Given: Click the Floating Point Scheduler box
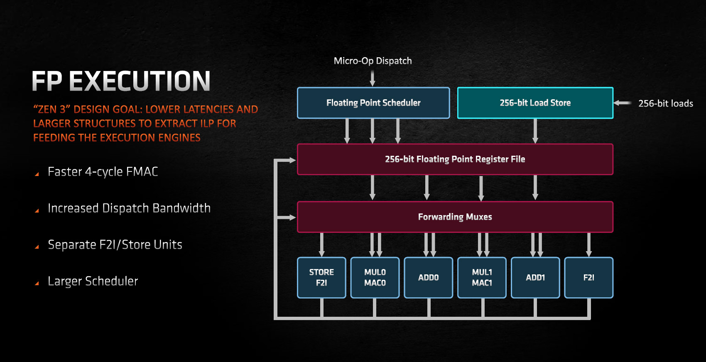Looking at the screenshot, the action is [x=373, y=103].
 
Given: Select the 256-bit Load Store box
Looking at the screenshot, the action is [x=535, y=103].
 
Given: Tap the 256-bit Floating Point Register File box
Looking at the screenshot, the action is [x=455, y=159].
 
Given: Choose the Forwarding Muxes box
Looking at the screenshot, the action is [x=455, y=217].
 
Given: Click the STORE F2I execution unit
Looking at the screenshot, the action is [x=321, y=278].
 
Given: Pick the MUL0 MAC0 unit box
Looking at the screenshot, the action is [x=375, y=278].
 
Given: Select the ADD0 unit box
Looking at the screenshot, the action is [x=428, y=278].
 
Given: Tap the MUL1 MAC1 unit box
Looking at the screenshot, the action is [x=482, y=278].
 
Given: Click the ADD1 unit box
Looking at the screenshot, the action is [x=535, y=278].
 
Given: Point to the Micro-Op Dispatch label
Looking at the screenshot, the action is [x=373, y=61].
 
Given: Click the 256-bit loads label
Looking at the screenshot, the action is [x=666, y=103].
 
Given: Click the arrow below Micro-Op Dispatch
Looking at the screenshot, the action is [x=373, y=78].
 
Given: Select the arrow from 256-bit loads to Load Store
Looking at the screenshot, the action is [x=623, y=103].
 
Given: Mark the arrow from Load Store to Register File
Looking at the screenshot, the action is [x=535, y=131].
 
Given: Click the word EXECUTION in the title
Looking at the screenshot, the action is [x=139, y=81].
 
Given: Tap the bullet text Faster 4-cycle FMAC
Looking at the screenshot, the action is [x=103, y=172].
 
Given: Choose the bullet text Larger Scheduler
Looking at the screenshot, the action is [x=93, y=281].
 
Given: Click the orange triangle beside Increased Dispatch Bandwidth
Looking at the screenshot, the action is [x=37, y=210].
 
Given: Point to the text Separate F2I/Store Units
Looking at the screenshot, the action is [x=115, y=245].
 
